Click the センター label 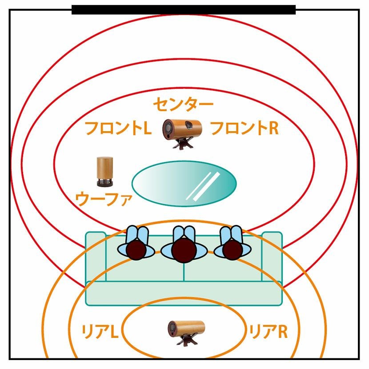click(x=183, y=104)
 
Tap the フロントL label click(x=118, y=128)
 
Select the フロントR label click(x=244, y=128)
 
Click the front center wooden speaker click(x=182, y=129)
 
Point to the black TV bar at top click(x=183, y=10)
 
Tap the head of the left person click(x=136, y=249)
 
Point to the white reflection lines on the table click(x=204, y=185)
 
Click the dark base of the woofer click(x=105, y=182)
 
